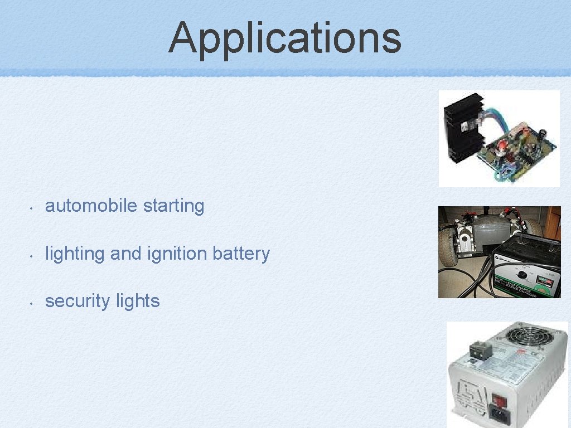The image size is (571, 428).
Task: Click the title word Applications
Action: point(285,37)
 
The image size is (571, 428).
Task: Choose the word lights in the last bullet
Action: point(138,301)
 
